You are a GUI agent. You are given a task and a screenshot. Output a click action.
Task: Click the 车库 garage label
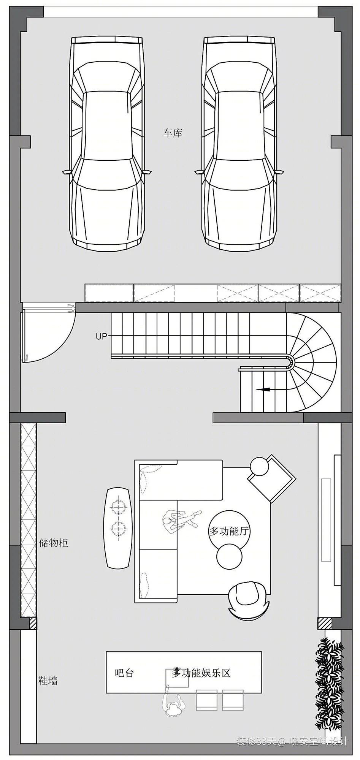point(173,133)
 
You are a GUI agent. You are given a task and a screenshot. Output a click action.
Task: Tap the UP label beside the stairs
point(101,336)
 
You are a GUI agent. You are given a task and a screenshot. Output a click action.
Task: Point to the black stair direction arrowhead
point(263,389)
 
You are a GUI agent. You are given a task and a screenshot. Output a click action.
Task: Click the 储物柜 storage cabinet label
point(54,543)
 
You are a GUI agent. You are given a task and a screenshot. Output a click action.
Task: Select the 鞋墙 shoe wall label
point(48,681)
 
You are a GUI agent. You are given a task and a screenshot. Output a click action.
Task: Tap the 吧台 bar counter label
point(124,673)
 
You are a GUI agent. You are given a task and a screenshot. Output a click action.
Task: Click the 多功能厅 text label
point(229,531)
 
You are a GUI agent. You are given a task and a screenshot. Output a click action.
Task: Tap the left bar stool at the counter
point(206,700)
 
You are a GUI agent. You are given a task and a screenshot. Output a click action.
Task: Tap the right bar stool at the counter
point(233,700)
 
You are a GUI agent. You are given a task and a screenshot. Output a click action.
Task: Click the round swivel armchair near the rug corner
point(249,600)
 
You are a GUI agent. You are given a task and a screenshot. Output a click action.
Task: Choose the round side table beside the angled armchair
point(260,466)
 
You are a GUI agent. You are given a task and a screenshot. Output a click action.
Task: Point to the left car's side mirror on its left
point(67,172)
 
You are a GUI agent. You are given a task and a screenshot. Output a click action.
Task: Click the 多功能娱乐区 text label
point(201,673)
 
